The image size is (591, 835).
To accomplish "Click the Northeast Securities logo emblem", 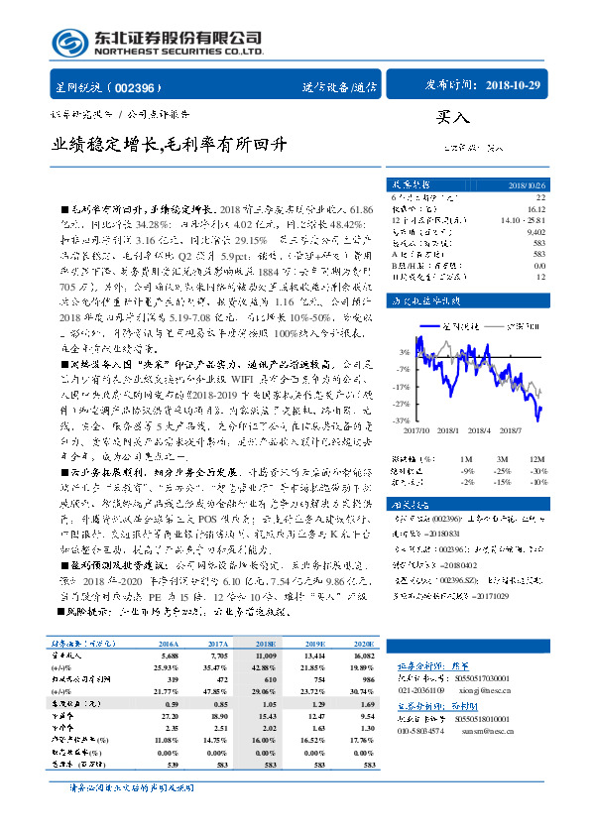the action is [x=67, y=43].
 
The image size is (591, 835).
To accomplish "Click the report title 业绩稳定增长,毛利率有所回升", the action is [x=170, y=143].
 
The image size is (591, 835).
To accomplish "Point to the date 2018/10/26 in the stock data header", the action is [x=527, y=184].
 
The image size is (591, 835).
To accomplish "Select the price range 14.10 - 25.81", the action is [x=525, y=220].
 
